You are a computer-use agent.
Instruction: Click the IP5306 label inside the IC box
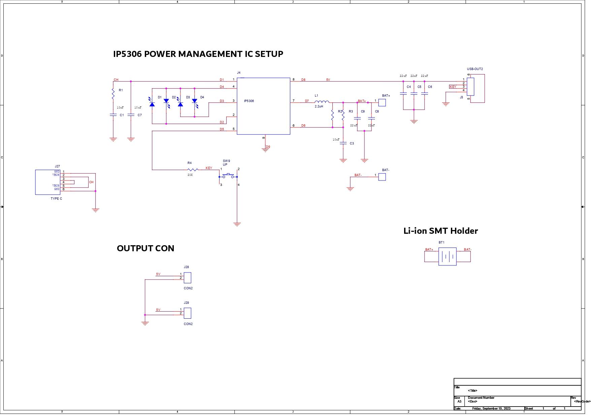[249, 101]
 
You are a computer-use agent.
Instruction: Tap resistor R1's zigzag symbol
[113, 94]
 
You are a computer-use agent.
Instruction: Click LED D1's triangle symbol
[152, 104]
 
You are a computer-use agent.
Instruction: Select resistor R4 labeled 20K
[192, 170]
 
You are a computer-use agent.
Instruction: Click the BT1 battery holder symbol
[447, 257]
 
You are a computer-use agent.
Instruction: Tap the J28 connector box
[188, 278]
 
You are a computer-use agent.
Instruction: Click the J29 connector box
[188, 313]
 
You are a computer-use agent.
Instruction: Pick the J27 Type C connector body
[47, 182]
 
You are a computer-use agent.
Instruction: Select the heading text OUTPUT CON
[145, 249]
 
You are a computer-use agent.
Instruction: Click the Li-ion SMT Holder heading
[440, 231]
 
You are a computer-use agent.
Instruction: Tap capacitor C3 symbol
[343, 143]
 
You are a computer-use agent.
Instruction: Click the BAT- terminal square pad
[382, 177]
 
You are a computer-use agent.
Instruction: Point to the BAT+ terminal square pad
[382, 102]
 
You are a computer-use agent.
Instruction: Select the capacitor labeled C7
[131, 115]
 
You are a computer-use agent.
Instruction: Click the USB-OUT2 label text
[474, 69]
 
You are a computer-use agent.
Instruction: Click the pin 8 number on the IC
[293, 80]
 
